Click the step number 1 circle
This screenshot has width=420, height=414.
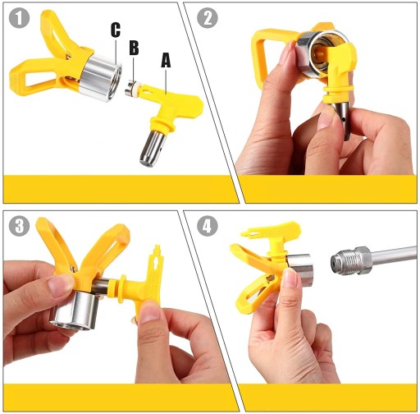point(19,18)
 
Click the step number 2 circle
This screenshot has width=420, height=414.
point(208,18)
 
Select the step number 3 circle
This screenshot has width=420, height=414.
point(19,226)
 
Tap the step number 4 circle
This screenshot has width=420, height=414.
point(208,226)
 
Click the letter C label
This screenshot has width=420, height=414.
point(116,30)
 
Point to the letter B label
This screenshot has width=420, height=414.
point(134,48)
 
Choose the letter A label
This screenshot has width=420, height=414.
point(166,60)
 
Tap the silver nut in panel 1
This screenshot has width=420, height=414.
point(100,78)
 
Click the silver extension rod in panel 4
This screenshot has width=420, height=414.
point(394,256)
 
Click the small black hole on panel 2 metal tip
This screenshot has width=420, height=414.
point(343,119)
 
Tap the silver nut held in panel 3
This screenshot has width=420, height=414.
point(76,310)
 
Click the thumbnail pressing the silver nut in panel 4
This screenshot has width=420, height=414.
point(290,277)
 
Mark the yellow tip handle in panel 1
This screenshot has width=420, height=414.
point(171,108)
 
